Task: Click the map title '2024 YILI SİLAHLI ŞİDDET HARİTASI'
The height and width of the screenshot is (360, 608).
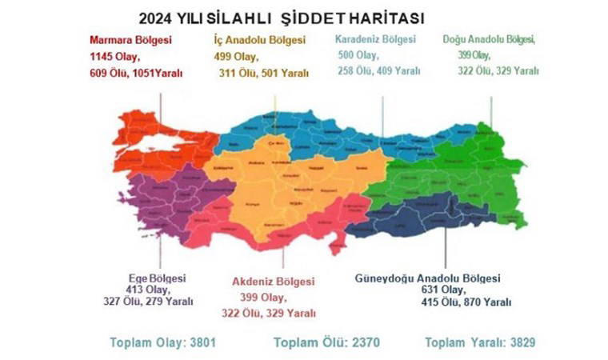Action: (x=281, y=17)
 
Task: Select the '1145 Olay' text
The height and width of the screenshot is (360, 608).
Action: (x=115, y=56)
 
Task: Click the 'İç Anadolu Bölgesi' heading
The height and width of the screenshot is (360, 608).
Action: (x=259, y=39)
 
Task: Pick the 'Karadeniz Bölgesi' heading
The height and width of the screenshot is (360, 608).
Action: (x=375, y=38)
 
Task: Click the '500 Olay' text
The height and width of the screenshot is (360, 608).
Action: (x=358, y=55)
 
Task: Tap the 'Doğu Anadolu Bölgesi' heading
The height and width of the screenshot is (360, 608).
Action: (x=489, y=38)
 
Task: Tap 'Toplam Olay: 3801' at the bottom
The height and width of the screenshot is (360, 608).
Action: (x=163, y=342)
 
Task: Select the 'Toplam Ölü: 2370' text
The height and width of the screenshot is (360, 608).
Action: (x=326, y=342)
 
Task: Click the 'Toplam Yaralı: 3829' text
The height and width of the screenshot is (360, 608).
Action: (x=479, y=342)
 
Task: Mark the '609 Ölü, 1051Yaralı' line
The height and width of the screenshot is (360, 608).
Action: (x=136, y=72)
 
